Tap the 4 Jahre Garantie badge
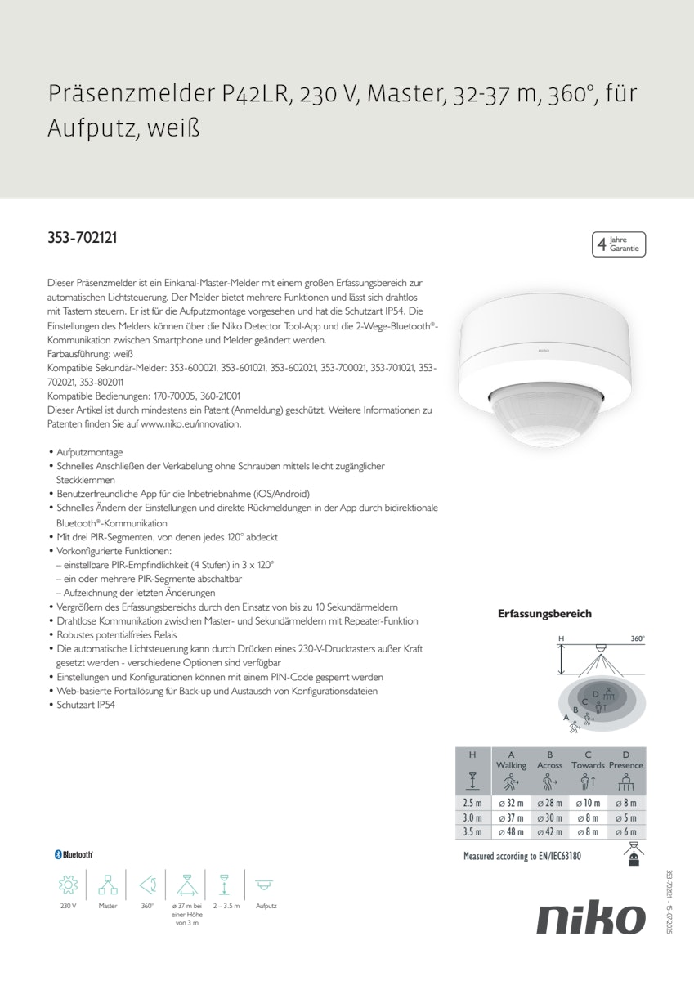pyautogui.click(x=619, y=244)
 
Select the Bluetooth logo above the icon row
pyautogui.click(x=74, y=853)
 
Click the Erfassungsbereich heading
pyautogui.click(x=544, y=613)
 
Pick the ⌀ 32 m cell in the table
pyautogui.click(x=511, y=803)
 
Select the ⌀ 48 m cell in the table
pyautogui.click(x=511, y=832)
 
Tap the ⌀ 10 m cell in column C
pyautogui.click(x=588, y=803)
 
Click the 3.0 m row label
pyautogui.click(x=472, y=817)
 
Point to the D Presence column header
pyautogui.click(x=626, y=759)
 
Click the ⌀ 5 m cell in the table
pyautogui.click(x=626, y=817)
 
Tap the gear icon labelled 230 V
pyautogui.click(x=68, y=885)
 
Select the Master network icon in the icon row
pyautogui.click(x=108, y=885)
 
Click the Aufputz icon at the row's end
pyautogui.click(x=266, y=885)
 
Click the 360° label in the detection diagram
pyautogui.click(x=638, y=638)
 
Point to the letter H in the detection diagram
pyautogui.click(x=561, y=638)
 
